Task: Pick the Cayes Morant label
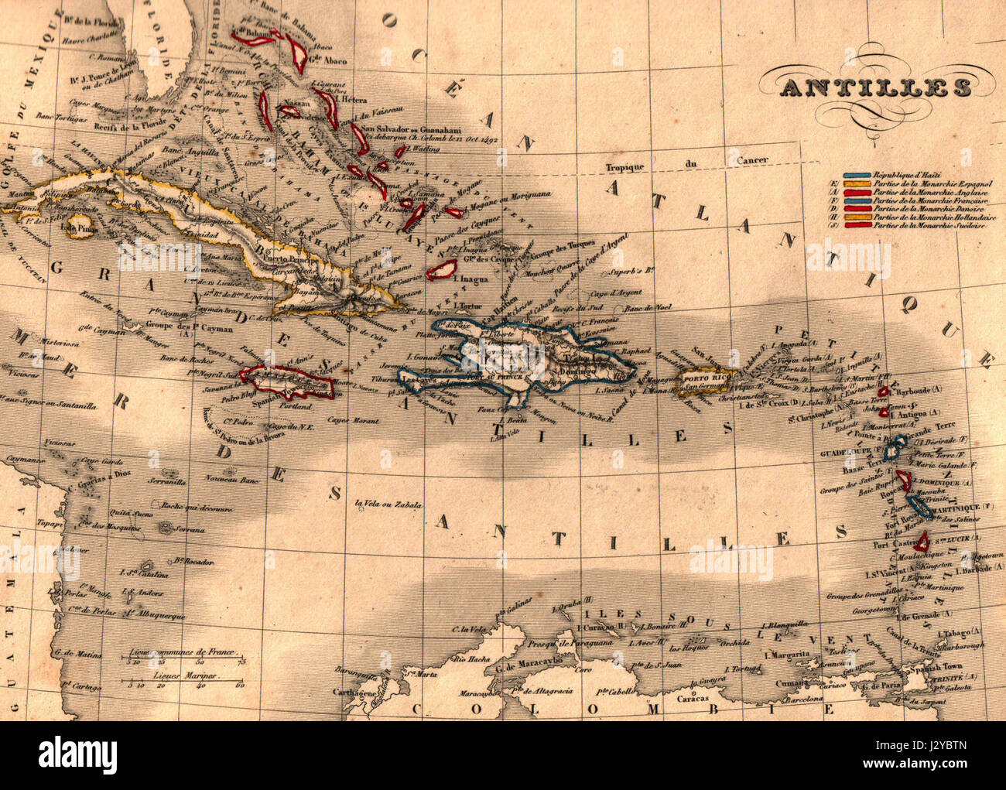click(352, 421)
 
